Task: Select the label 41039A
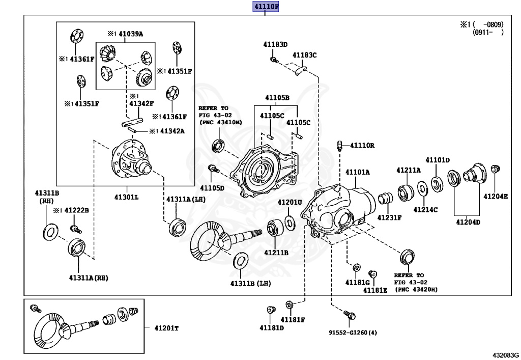click(131, 34)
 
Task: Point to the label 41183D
click(275, 44)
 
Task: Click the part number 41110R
click(362, 145)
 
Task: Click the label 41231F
click(389, 217)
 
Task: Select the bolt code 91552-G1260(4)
click(353, 333)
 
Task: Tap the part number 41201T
click(166, 328)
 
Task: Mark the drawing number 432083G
click(505, 354)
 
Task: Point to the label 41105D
click(212, 188)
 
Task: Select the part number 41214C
click(425, 209)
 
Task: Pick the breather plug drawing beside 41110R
click(340, 146)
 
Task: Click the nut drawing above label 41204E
click(496, 170)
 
